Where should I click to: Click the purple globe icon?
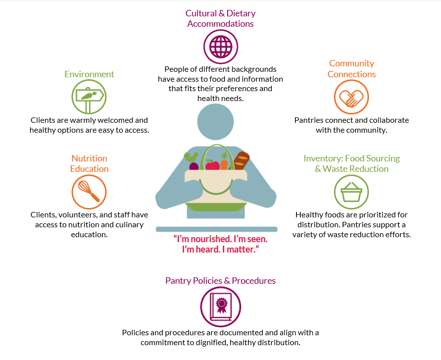(x=221, y=47)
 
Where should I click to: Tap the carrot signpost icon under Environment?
(x=89, y=97)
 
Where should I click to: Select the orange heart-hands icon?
(x=351, y=97)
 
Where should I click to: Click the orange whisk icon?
(x=89, y=192)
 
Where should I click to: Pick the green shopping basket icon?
(x=351, y=192)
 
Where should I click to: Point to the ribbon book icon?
(x=221, y=307)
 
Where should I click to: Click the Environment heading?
(x=89, y=74)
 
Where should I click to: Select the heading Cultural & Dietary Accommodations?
(x=221, y=18)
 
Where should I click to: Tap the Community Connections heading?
(x=351, y=69)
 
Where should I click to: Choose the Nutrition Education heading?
(x=89, y=163)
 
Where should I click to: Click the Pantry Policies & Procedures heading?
(x=221, y=281)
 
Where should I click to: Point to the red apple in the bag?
(x=212, y=165)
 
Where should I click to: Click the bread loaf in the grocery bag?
(x=241, y=161)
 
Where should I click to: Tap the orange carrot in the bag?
(x=224, y=163)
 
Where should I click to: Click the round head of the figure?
(x=215, y=122)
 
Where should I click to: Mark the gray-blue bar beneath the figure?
(x=217, y=229)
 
